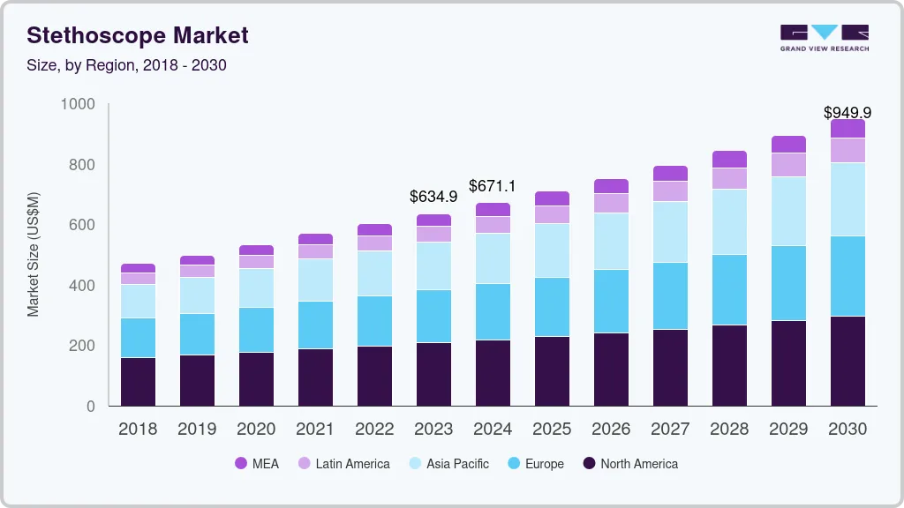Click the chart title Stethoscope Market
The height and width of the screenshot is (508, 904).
coord(137,35)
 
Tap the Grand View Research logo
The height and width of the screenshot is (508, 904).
coord(824,37)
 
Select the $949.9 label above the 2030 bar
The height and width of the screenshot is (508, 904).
coord(847,113)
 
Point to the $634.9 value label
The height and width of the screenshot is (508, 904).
coord(433,196)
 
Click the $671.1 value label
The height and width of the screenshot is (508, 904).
coord(493,186)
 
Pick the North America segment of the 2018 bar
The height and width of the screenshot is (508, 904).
coord(138,381)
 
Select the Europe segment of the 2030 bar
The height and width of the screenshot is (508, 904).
coord(847,276)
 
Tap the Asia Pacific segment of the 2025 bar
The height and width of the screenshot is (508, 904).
coord(552,250)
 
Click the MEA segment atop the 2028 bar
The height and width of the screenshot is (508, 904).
coord(729,160)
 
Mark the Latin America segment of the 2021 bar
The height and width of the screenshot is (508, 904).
coord(315,251)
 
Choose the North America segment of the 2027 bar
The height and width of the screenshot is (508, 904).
coord(670,367)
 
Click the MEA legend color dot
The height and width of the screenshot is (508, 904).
coord(241,464)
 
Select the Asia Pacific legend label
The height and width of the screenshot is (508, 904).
coord(457,464)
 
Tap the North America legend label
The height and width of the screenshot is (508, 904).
coord(639,464)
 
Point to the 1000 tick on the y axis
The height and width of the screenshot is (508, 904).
coord(77,105)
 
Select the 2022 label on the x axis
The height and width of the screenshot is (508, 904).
coord(374,430)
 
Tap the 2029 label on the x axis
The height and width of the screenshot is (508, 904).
coord(788,430)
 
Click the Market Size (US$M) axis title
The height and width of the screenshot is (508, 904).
coord(33,254)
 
